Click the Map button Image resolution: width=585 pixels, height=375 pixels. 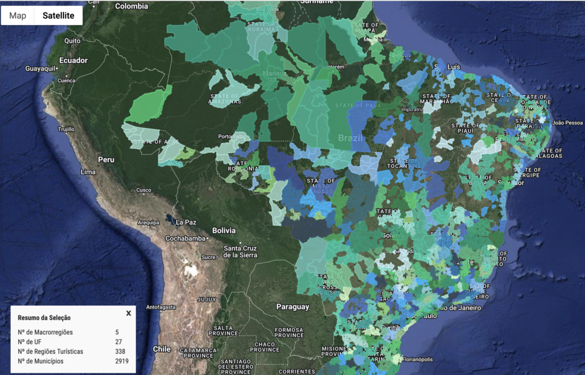click(x=18, y=15)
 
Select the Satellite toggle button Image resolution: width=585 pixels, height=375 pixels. click(x=58, y=15)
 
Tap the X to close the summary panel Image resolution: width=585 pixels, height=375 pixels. click(x=129, y=313)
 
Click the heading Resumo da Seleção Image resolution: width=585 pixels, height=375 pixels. click(x=44, y=318)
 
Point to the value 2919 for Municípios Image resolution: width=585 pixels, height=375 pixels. click(x=121, y=361)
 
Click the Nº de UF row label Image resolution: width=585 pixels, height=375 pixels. click(x=31, y=342)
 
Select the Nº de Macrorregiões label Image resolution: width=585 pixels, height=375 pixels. click(x=45, y=332)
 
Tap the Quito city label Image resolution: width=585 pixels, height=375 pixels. click(x=72, y=41)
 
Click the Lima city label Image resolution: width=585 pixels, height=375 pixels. click(x=89, y=171)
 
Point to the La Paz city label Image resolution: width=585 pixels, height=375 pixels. click(x=186, y=222)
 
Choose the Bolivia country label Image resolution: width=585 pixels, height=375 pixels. click(x=224, y=230)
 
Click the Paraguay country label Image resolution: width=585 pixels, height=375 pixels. click(x=292, y=307)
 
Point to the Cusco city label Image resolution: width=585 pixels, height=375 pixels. click(x=143, y=190)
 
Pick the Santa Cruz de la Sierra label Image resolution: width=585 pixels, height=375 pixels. click(x=240, y=251)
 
